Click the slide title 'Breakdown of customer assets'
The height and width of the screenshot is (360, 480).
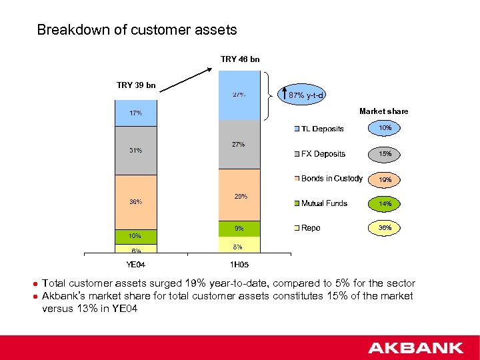pos(137,30)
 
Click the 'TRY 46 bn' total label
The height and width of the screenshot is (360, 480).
pos(240,59)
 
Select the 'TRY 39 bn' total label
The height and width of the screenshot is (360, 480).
pos(136,85)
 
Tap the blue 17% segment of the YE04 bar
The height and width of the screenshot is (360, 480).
pos(136,113)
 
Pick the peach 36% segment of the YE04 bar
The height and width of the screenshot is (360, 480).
pos(136,202)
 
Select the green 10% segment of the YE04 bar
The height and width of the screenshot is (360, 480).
pos(136,236)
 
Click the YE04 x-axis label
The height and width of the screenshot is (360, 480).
pos(136,265)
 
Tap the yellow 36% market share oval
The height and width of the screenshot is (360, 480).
pos(385,228)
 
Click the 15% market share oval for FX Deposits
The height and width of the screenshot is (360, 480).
pos(385,154)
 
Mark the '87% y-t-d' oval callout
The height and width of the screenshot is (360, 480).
pos(305,95)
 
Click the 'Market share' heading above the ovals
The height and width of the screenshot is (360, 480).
pos(383,111)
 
